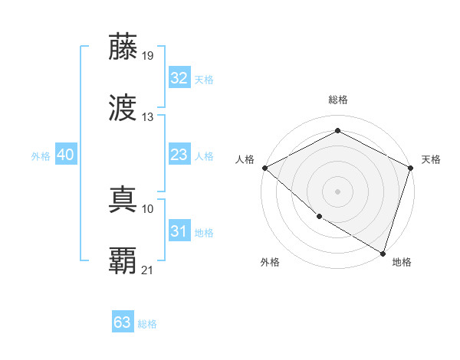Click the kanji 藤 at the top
tap(123, 47)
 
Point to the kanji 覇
tap(123, 261)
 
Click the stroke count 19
tap(148, 55)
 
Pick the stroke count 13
tap(148, 117)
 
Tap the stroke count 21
tap(148, 270)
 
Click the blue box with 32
tap(179, 77)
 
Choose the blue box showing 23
tap(179, 155)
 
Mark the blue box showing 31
tap(179, 231)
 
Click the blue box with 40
tap(65, 155)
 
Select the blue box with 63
tap(122, 322)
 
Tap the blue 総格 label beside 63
tap(147, 324)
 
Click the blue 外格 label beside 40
tap(41, 156)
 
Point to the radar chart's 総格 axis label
tap(337, 100)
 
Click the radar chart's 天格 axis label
tap(431, 159)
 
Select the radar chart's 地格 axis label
tap(402, 262)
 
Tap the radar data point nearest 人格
tap(264, 168)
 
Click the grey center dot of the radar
tap(337, 191)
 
